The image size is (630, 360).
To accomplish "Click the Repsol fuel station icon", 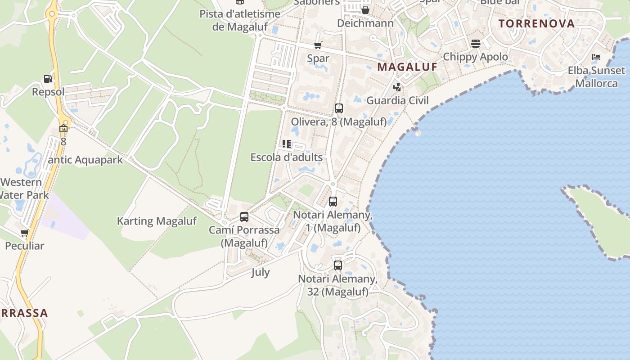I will coord(48,79).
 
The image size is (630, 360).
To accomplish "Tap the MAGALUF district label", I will coord(407,67).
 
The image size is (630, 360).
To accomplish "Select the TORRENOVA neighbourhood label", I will coord(536,23).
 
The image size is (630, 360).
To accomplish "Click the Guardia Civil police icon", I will coord(397,87).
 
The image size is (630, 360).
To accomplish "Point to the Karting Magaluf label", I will coord(157,221).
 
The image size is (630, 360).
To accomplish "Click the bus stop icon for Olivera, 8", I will coord(338,108).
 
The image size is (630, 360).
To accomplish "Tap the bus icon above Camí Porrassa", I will coord(244,217).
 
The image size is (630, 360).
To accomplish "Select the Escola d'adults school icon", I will coord(286,144).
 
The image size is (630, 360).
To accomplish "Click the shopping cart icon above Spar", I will coord(318,45).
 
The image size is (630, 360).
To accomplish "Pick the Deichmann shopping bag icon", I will coord(365,10).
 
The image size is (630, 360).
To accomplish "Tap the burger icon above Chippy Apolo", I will coord(476,44).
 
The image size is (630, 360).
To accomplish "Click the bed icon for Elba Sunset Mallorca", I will coord(596,57).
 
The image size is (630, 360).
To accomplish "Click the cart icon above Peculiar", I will coord(24,233).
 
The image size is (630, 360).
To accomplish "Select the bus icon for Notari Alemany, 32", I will coord(338,265).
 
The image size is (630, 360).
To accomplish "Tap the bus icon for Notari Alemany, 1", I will coord(333,202).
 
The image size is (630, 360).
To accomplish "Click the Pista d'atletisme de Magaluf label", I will coord(240,20).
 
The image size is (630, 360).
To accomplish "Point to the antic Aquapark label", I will coord(85,160).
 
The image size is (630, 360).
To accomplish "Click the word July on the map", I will coord(261,272).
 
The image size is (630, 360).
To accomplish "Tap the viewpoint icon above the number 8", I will coord(63,128).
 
